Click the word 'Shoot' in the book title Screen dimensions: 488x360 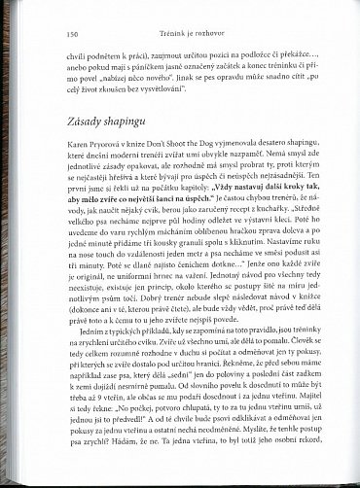click(200, 142)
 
